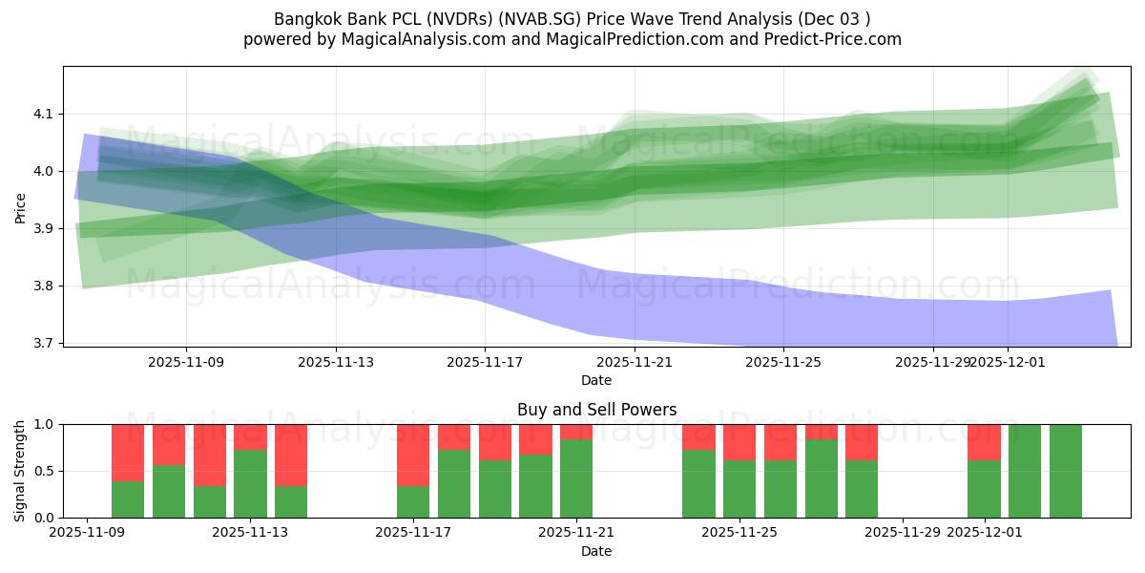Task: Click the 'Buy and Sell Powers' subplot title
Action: (x=596, y=410)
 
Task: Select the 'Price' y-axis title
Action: (x=21, y=206)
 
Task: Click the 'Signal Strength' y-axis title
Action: (x=21, y=471)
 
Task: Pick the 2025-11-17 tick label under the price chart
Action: (x=485, y=362)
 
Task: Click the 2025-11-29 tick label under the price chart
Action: (x=933, y=362)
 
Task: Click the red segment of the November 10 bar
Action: (x=128, y=452)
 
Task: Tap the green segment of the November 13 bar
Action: (x=250, y=483)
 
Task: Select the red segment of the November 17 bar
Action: (x=413, y=455)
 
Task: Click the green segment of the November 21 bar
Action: (x=576, y=477)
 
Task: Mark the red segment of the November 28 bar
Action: (x=862, y=442)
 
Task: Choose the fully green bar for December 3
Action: (x=1066, y=471)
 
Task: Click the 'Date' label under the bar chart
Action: (x=596, y=551)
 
